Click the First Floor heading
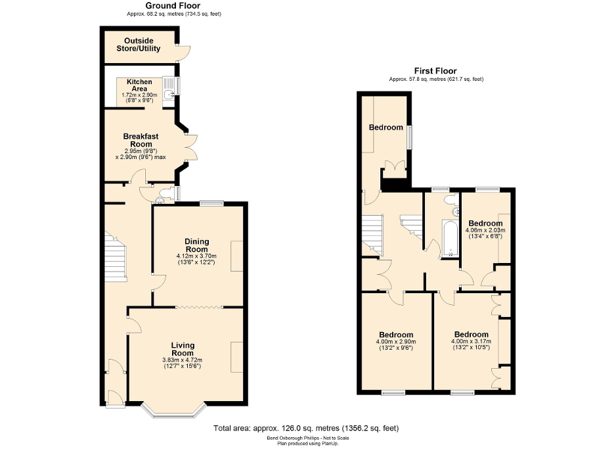(x=435, y=71)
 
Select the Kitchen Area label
(x=139, y=85)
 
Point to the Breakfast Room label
(x=141, y=140)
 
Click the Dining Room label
(x=196, y=245)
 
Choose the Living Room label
(x=183, y=349)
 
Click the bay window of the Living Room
(x=174, y=412)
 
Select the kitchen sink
(x=169, y=95)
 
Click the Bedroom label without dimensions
(x=385, y=128)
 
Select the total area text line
(x=306, y=428)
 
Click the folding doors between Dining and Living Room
(x=199, y=307)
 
